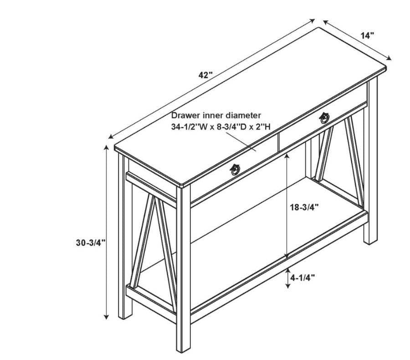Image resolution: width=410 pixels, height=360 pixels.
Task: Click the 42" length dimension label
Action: pos(205,75)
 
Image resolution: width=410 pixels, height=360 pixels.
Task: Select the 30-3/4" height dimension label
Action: pos(91,243)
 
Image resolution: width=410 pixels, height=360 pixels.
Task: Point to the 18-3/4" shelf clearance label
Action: pos(304,207)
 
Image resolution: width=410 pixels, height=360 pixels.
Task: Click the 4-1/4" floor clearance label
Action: pos(302,277)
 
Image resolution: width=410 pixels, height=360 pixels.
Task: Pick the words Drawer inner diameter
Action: pos(216,115)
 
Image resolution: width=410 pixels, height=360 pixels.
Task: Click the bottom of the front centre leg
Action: pos(183,348)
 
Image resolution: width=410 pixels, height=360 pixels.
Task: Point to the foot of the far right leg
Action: pos(370,241)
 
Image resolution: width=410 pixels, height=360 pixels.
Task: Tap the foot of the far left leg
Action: pos(125,315)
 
